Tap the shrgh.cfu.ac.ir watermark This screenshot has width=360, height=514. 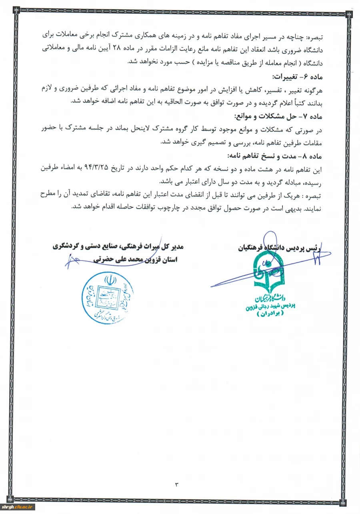click(18, 507)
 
